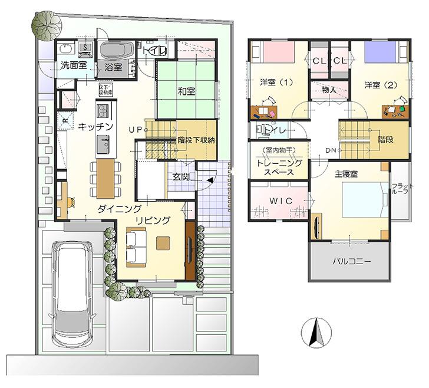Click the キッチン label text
(95, 126)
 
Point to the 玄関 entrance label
(180, 175)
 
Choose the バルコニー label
(351, 260)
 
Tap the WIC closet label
(281, 201)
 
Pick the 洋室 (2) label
(380, 84)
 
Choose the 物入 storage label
(329, 90)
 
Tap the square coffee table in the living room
(163, 241)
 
